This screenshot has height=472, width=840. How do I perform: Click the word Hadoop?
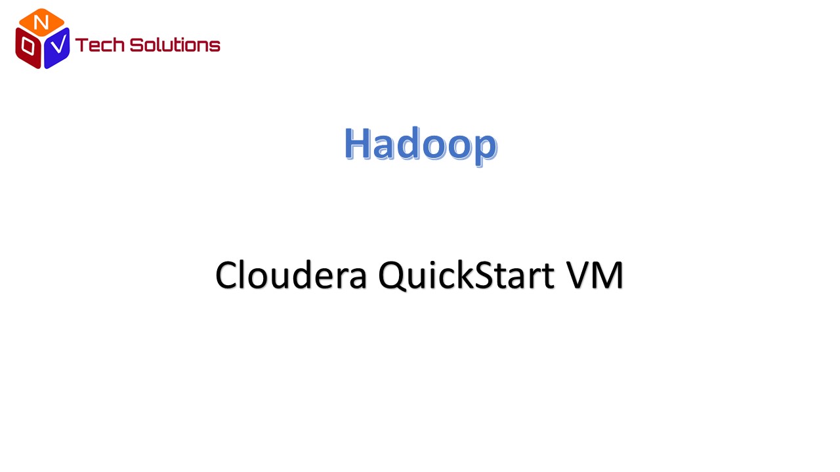click(x=421, y=145)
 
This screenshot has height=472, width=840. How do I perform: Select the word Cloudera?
click(x=291, y=275)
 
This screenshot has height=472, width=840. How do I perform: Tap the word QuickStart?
click(x=466, y=275)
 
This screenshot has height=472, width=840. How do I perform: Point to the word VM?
click(x=595, y=275)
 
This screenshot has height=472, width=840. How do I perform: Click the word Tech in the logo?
click(x=99, y=45)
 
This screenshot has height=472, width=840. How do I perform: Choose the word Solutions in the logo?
click(x=175, y=45)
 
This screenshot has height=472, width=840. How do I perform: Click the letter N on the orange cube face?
click(x=41, y=22)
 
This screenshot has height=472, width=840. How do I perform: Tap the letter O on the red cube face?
click(x=28, y=46)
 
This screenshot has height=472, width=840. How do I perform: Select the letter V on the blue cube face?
click(x=58, y=44)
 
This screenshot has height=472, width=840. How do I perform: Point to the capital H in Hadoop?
click(x=357, y=144)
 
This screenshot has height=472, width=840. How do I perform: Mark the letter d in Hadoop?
click(x=408, y=144)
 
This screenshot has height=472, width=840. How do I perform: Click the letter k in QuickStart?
click(x=463, y=274)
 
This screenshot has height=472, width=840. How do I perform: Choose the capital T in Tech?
click(x=82, y=45)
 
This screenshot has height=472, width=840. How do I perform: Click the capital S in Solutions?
click(x=136, y=45)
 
